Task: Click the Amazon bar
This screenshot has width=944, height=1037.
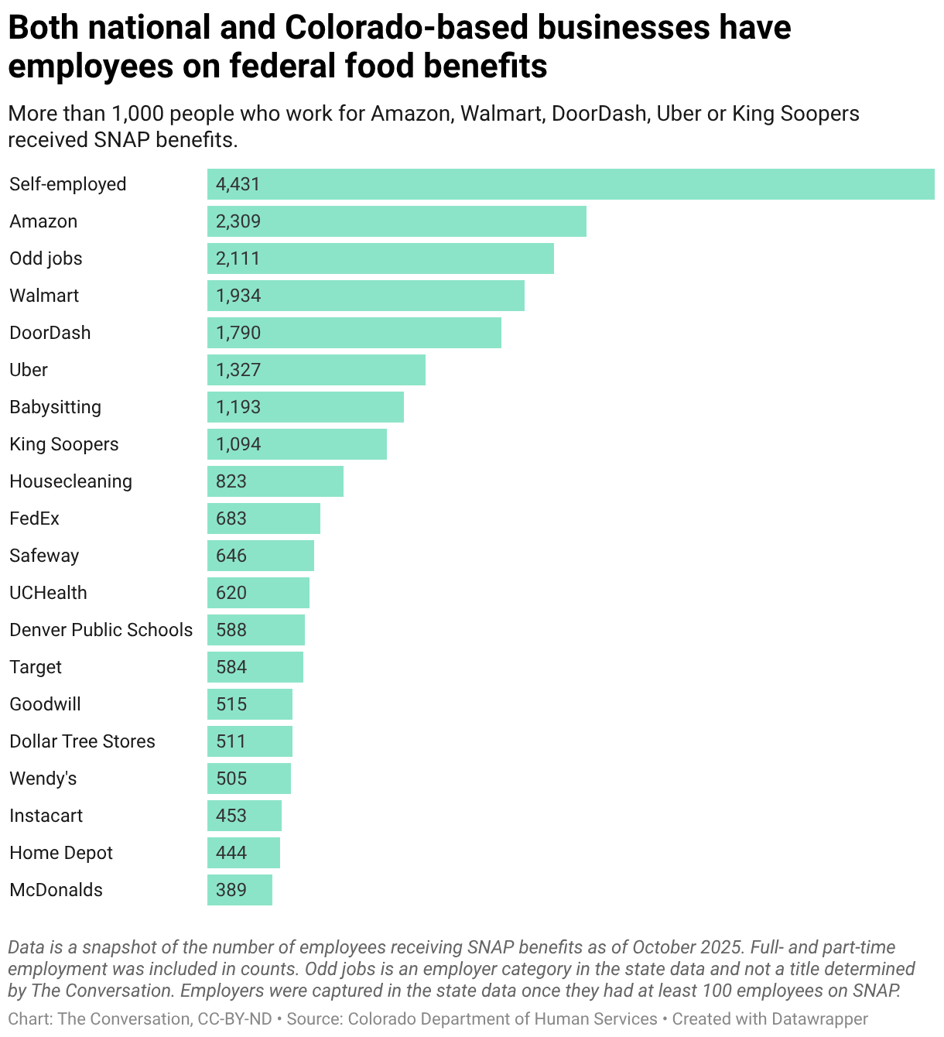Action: (x=396, y=221)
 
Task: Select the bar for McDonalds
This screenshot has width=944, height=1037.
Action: (x=240, y=890)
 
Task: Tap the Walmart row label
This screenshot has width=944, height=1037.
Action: (x=44, y=296)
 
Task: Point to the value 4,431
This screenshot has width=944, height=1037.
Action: (x=238, y=184)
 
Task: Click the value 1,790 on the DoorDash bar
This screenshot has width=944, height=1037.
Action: (x=238, y=333)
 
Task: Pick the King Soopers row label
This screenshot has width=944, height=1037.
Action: (x=64, y=444)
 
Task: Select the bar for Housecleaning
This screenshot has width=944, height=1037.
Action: (x=275, y=481)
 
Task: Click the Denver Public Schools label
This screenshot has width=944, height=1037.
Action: (x=101, y=630)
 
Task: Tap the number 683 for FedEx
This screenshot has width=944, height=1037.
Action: (x=231, y=518)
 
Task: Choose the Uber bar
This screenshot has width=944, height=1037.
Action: (x=316, y=370)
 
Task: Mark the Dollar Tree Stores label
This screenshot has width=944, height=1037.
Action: (x=82, y=741)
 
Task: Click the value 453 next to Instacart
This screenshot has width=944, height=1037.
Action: (x=231, y=815)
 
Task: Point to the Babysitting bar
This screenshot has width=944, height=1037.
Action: (x=306, y=407)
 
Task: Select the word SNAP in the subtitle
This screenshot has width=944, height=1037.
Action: (x=121, y=140)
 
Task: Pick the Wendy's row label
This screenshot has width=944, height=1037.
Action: (x=43, y=779)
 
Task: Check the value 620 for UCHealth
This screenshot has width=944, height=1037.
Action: (x=231, y=593)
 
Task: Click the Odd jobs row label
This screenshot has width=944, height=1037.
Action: (x=46, y=258)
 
